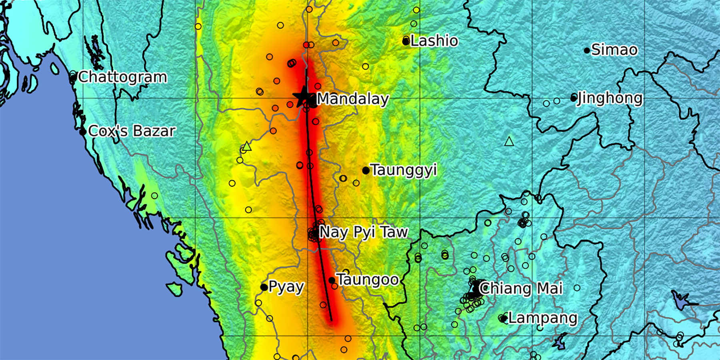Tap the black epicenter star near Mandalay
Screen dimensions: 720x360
pos(303,97)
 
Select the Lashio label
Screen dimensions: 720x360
pos(434,41)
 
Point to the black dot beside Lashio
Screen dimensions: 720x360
pos(406,41)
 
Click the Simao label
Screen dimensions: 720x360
pos(614,50)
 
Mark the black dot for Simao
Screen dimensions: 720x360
pos(587,50)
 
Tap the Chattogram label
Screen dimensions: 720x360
pos(122,77)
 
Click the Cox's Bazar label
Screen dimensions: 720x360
pos(132,131)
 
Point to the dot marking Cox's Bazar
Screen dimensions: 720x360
pos(83,132)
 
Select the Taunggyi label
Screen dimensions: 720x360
pos(403,170)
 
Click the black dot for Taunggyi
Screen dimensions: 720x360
pos(366,171)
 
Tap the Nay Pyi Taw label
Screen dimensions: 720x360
pos(364,232)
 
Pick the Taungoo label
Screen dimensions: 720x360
pos(368,280)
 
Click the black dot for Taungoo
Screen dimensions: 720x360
pos(332,280)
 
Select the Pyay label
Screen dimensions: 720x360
pos(286,287)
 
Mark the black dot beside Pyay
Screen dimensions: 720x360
pos(264,287)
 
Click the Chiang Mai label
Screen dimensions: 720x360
pos(521,288)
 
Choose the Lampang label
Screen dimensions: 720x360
pos(543,318)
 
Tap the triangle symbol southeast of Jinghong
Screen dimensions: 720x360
pos(509,141)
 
